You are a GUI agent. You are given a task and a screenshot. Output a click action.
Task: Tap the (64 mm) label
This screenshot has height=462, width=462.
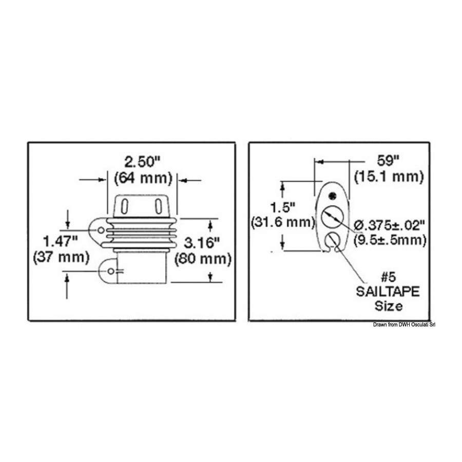[x=143, y=178]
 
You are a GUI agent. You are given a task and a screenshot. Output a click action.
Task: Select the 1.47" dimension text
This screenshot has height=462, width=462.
[x=61, y=242]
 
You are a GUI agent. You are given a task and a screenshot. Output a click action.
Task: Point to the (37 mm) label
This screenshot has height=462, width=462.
[x=61, y=258]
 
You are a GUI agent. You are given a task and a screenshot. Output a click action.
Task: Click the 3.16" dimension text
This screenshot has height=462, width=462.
[x=202, y=243]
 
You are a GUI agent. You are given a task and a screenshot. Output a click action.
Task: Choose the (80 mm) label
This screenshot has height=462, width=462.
[x=203, y=259]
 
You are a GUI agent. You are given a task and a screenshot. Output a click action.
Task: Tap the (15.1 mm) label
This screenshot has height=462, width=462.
[x=389, y=177]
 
